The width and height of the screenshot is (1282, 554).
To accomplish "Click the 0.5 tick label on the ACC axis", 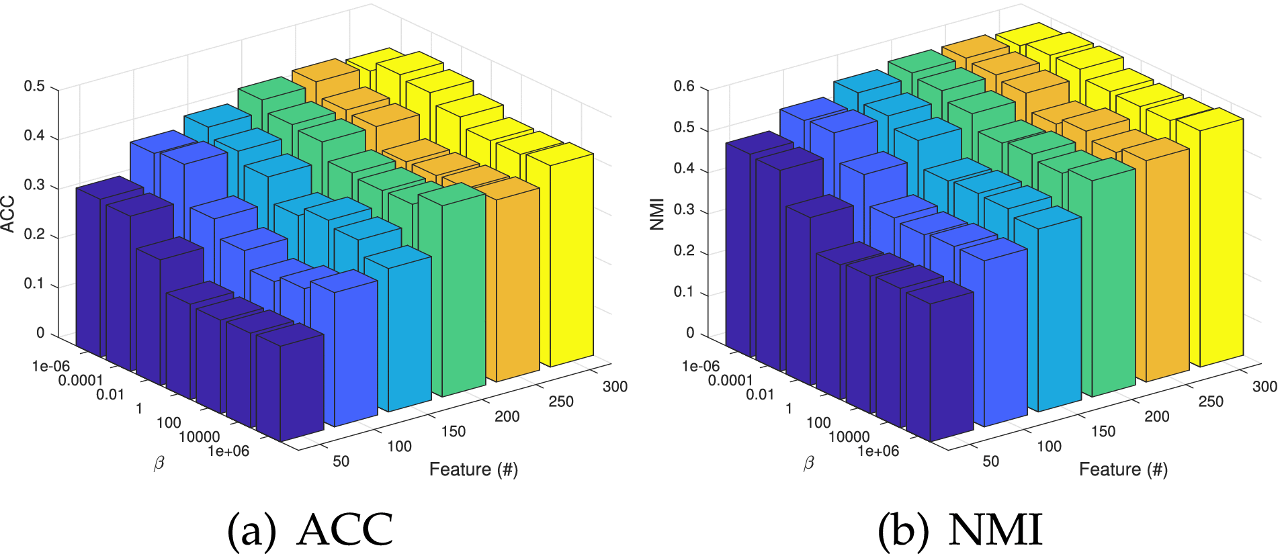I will click(x=34, y=86).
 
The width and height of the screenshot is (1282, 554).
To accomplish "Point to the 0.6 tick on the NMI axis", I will click(x=684, y=86).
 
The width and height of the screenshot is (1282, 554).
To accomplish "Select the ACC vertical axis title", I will click(x=8, y=214).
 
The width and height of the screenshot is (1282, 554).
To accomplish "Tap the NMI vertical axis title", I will click(x=658, y=214).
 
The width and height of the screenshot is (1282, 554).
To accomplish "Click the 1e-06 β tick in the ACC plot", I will click(x=51, y=366).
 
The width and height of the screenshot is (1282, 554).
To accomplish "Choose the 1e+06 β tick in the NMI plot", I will click(x=878, y=451).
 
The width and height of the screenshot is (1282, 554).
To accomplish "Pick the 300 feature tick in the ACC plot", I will click(x=615, y=386).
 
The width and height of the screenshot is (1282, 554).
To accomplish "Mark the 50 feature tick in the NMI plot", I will click(x=990, y=461).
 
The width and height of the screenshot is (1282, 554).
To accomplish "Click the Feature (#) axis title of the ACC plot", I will click(x=473, y=469).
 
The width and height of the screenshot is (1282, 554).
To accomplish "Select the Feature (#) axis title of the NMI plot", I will click(x=1123, y=469).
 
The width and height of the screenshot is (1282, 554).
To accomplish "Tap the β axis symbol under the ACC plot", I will click(x=159, y=463).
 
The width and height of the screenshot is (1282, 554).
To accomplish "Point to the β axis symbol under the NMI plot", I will click(x=808, y=463).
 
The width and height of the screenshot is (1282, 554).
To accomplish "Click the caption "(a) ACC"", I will click(x=310, y=530).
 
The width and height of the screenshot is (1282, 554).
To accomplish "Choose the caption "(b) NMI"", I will click(x=960, y=530).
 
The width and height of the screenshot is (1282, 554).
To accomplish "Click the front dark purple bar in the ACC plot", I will click(x=290, y=389).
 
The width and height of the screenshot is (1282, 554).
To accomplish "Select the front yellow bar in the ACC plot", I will click(x=571, y=262).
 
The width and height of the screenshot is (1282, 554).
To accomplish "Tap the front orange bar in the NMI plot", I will click(x=1162, y=269).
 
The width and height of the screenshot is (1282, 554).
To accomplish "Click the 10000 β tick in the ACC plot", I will click(x=199, y=437).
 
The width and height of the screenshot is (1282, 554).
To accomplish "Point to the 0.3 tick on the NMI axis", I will click(x=684, y=210).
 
